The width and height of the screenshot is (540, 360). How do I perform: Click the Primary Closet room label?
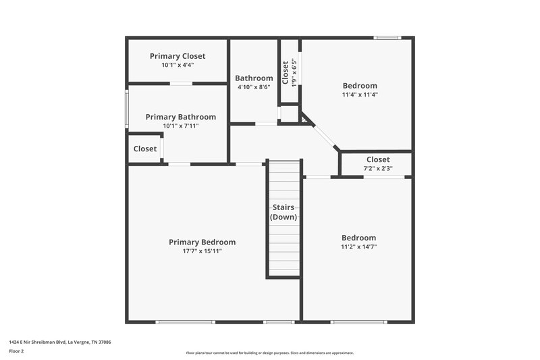(x=178, y=56)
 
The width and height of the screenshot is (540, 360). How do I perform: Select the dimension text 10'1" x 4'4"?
(x=178, y=66)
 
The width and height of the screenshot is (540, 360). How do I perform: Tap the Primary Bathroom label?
(x=181, y=117)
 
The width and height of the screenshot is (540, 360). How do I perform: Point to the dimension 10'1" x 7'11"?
(x=181, y=126)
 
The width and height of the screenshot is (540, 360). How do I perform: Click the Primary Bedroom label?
(x=202, y=242)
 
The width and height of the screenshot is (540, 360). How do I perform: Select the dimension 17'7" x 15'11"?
(x=202, y=251)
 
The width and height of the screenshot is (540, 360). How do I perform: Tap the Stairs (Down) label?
(x=283, y=212)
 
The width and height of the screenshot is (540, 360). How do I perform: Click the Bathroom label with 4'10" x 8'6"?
(x=254, y=78)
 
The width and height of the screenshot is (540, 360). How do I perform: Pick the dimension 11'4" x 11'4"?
(x=359, y=95)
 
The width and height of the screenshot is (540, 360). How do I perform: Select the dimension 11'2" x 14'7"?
(x=358, y=247)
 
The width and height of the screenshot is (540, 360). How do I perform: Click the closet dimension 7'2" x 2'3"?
(x=377, y=169)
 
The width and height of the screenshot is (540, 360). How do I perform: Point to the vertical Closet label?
(x=286, y=72)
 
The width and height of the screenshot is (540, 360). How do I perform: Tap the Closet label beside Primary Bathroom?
(x=145, y=149)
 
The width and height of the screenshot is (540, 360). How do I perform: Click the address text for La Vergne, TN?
(x=60, y=342)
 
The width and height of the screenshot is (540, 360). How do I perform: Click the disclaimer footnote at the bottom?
(x=270, y=353)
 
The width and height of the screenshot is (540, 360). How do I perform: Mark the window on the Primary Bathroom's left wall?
(x=127, y=108)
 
